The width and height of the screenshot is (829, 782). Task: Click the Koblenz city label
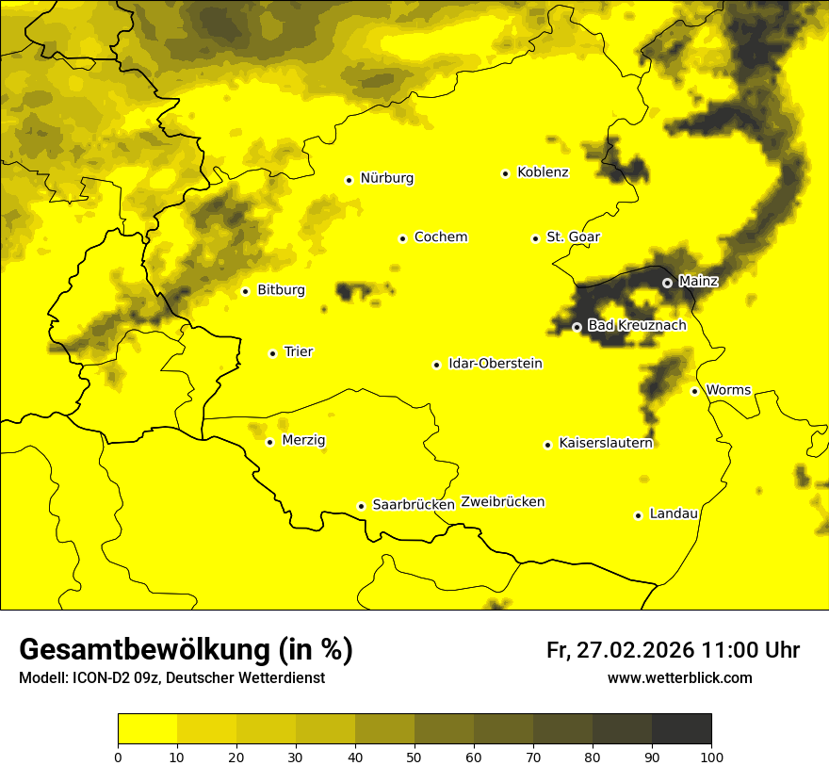click(543, 172)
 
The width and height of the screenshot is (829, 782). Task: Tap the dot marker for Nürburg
click(349, 179)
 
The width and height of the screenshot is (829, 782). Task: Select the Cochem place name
click(440, 237)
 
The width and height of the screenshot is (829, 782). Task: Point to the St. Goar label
click(573, 237)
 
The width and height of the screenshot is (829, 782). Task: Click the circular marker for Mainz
click(667, 282)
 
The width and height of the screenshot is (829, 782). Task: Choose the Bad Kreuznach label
click(637, 325)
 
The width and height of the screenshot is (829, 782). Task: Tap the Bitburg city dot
click(245, 291)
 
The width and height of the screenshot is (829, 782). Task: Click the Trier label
click(298, 351)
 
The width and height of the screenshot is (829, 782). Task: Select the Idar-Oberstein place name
click(495, 364)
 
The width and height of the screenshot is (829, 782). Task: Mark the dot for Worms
click(694, 391)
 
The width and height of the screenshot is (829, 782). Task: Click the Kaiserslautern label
click(605, 443)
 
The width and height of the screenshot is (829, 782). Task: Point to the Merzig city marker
click(269, 442)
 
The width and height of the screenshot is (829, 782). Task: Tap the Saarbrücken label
click(414, 505)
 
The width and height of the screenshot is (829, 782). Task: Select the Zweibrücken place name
click(502, 502)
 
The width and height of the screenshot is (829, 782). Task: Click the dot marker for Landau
click(638, 515)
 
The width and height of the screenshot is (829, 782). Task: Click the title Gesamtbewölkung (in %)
click(186, 650)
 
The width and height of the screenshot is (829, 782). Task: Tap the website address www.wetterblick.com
click(679, 677)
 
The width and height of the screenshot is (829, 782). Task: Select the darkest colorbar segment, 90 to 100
click(681, 728)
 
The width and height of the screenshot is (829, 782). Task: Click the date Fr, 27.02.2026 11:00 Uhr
click(673, 650)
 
